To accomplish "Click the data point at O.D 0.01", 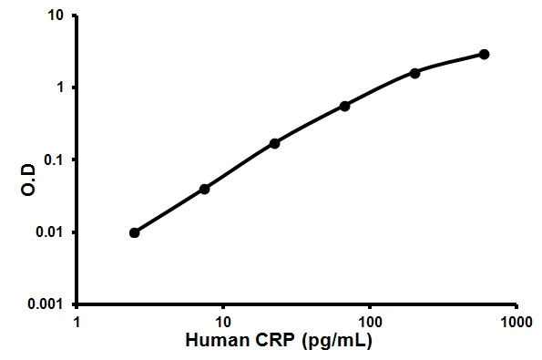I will (135, 232).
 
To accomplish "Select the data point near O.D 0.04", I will (204, 189).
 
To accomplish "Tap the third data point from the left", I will (274, 143).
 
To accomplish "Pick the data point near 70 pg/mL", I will (344, 106).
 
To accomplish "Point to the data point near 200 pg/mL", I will (414, 73).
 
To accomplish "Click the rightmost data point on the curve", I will (484, 55).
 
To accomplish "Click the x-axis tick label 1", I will (77, 322).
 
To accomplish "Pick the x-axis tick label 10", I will (222, 322).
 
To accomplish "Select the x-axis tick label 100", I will (369, 322).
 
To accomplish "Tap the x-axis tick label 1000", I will (516, 322).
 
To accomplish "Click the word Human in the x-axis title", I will (215, 342).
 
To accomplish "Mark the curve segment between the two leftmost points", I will (169, 211).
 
